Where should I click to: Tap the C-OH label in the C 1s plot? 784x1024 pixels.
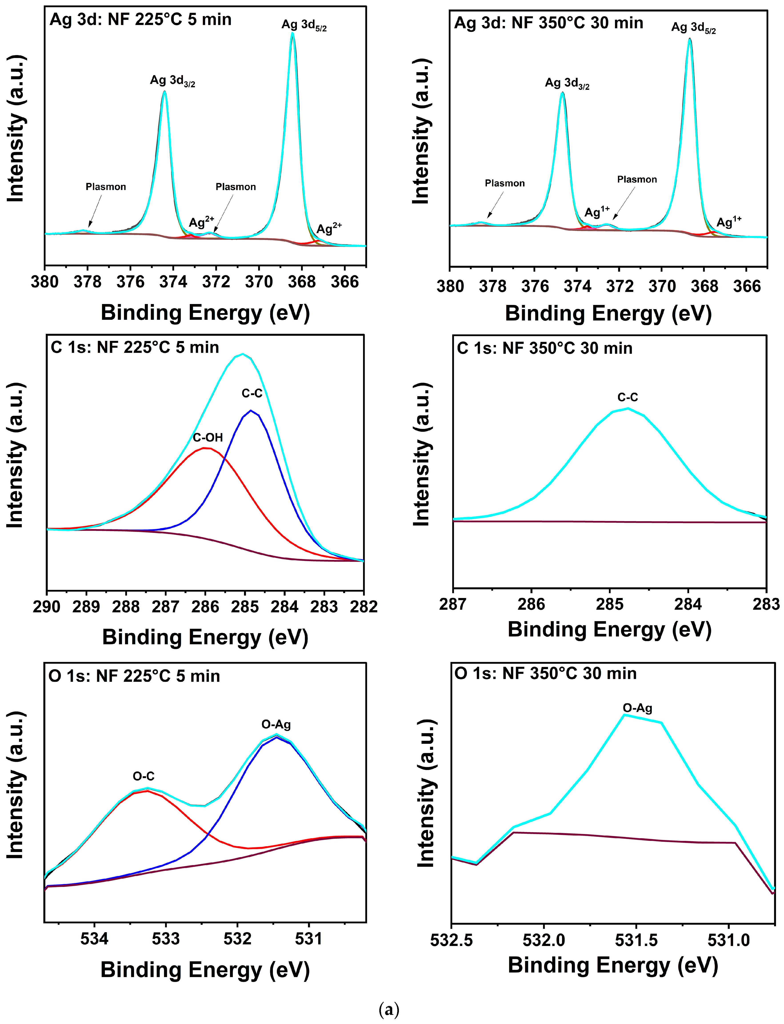coord(208,437)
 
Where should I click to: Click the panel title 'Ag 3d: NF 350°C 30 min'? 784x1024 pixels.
coord(549,23)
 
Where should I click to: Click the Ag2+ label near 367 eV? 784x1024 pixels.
coord(329,229)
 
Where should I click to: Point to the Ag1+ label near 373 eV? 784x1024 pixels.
coord(597,212)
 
